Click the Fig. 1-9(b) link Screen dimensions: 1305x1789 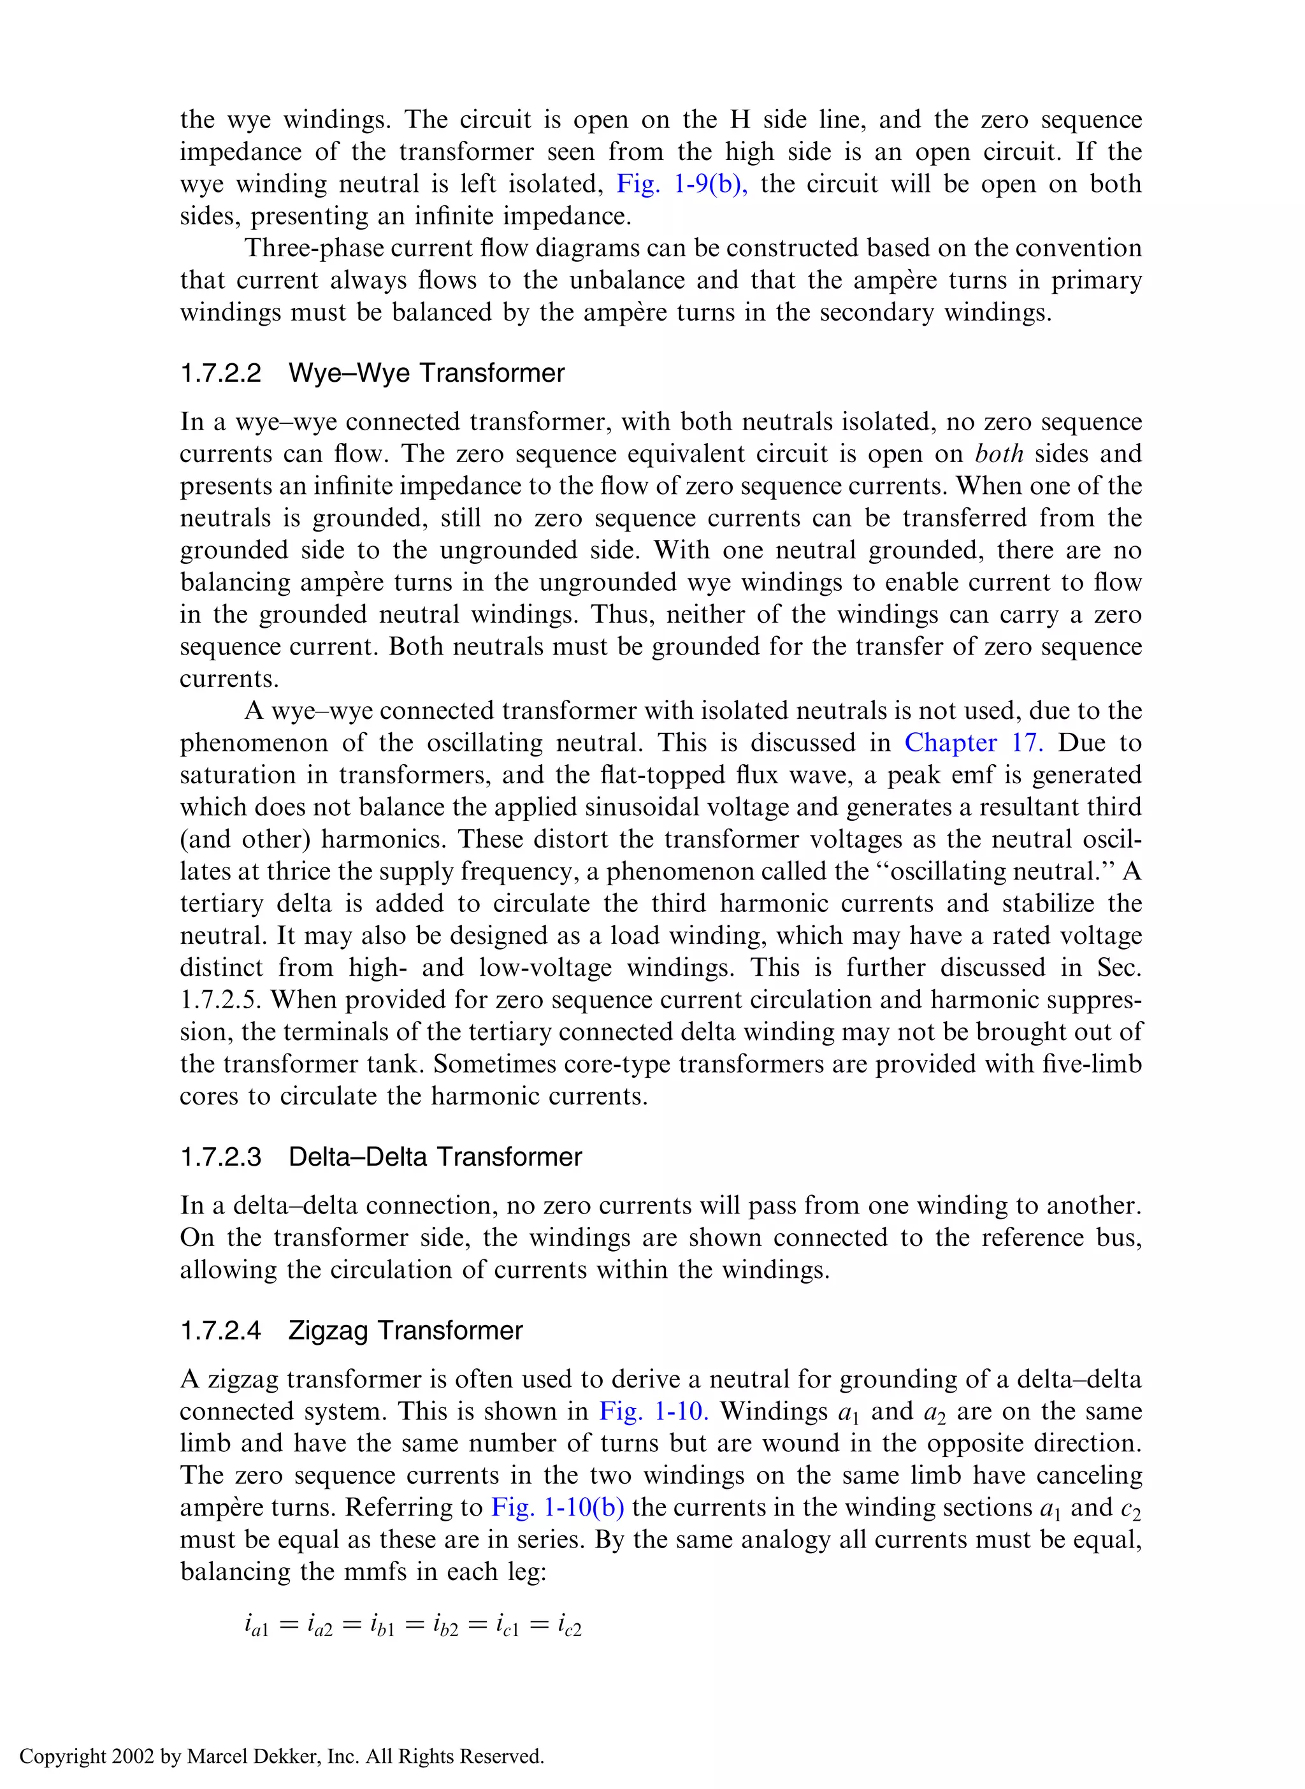pyautogui.click(x=681, y=184)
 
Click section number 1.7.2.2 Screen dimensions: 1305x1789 pyautogui.click(x=220, y=373)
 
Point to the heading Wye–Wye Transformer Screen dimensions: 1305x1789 pyautogui.click(x=426, y=373)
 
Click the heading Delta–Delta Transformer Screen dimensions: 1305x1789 pyautogui.click(x=435, y=1157)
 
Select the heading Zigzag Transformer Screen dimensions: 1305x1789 pyautogui.click(x=405, y=1331)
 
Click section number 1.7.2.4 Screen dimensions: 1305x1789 pyautogui.click(x=220, y=1331)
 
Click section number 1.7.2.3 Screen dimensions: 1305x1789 pyautogui.click(x=220, y=1157)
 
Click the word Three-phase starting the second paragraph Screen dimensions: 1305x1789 pyautogui.click(x=311, y=248)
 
